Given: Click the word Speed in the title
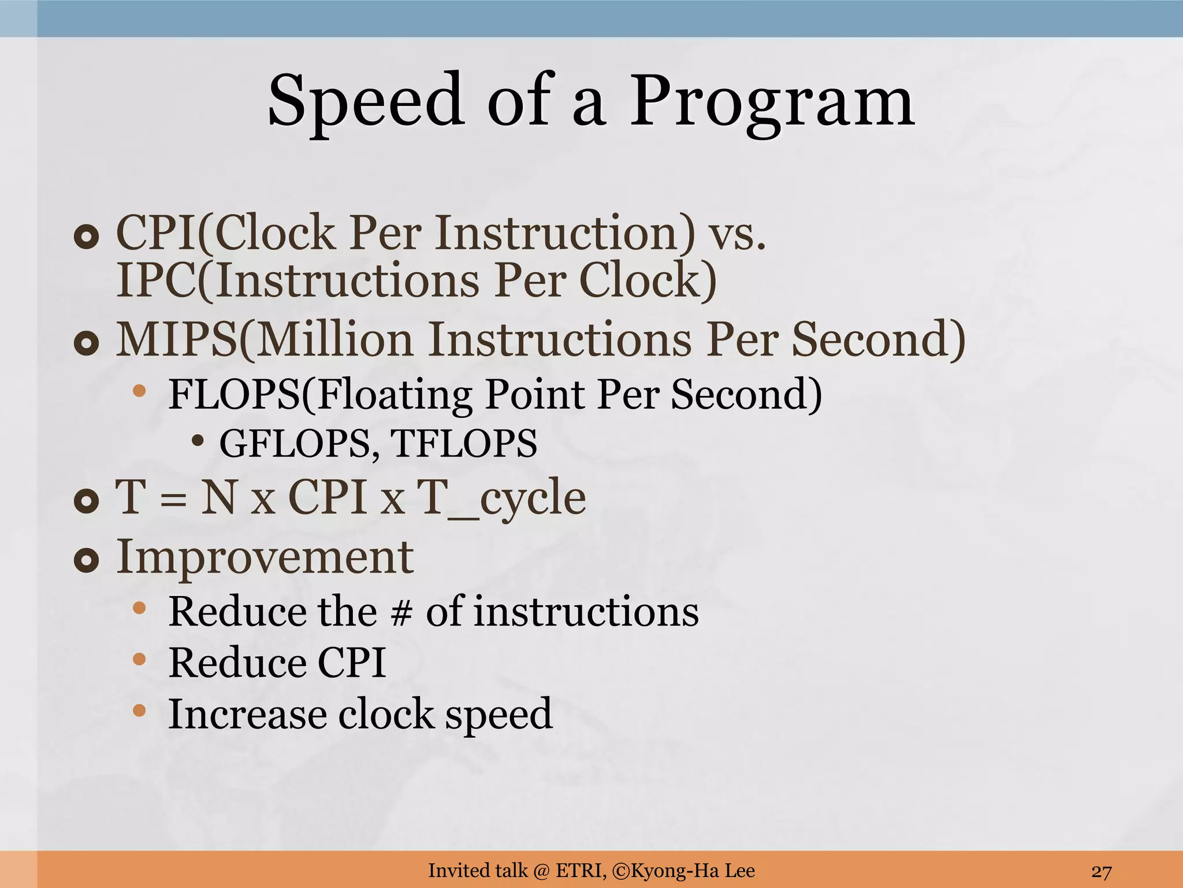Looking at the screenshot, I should pyautogui.click(x=366, y=101).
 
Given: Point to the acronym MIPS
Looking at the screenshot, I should pyautogui.click(x=176, y=339).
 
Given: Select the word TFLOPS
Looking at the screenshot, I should pyautogui.click(x=464, y=444).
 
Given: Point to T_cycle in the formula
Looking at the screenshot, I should pyautogui.click(x=501, y=498).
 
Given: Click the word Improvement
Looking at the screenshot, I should pyautogui.click(x=265, y=557).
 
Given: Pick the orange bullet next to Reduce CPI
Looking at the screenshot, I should pyautogui.click(x=139, y=659).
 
